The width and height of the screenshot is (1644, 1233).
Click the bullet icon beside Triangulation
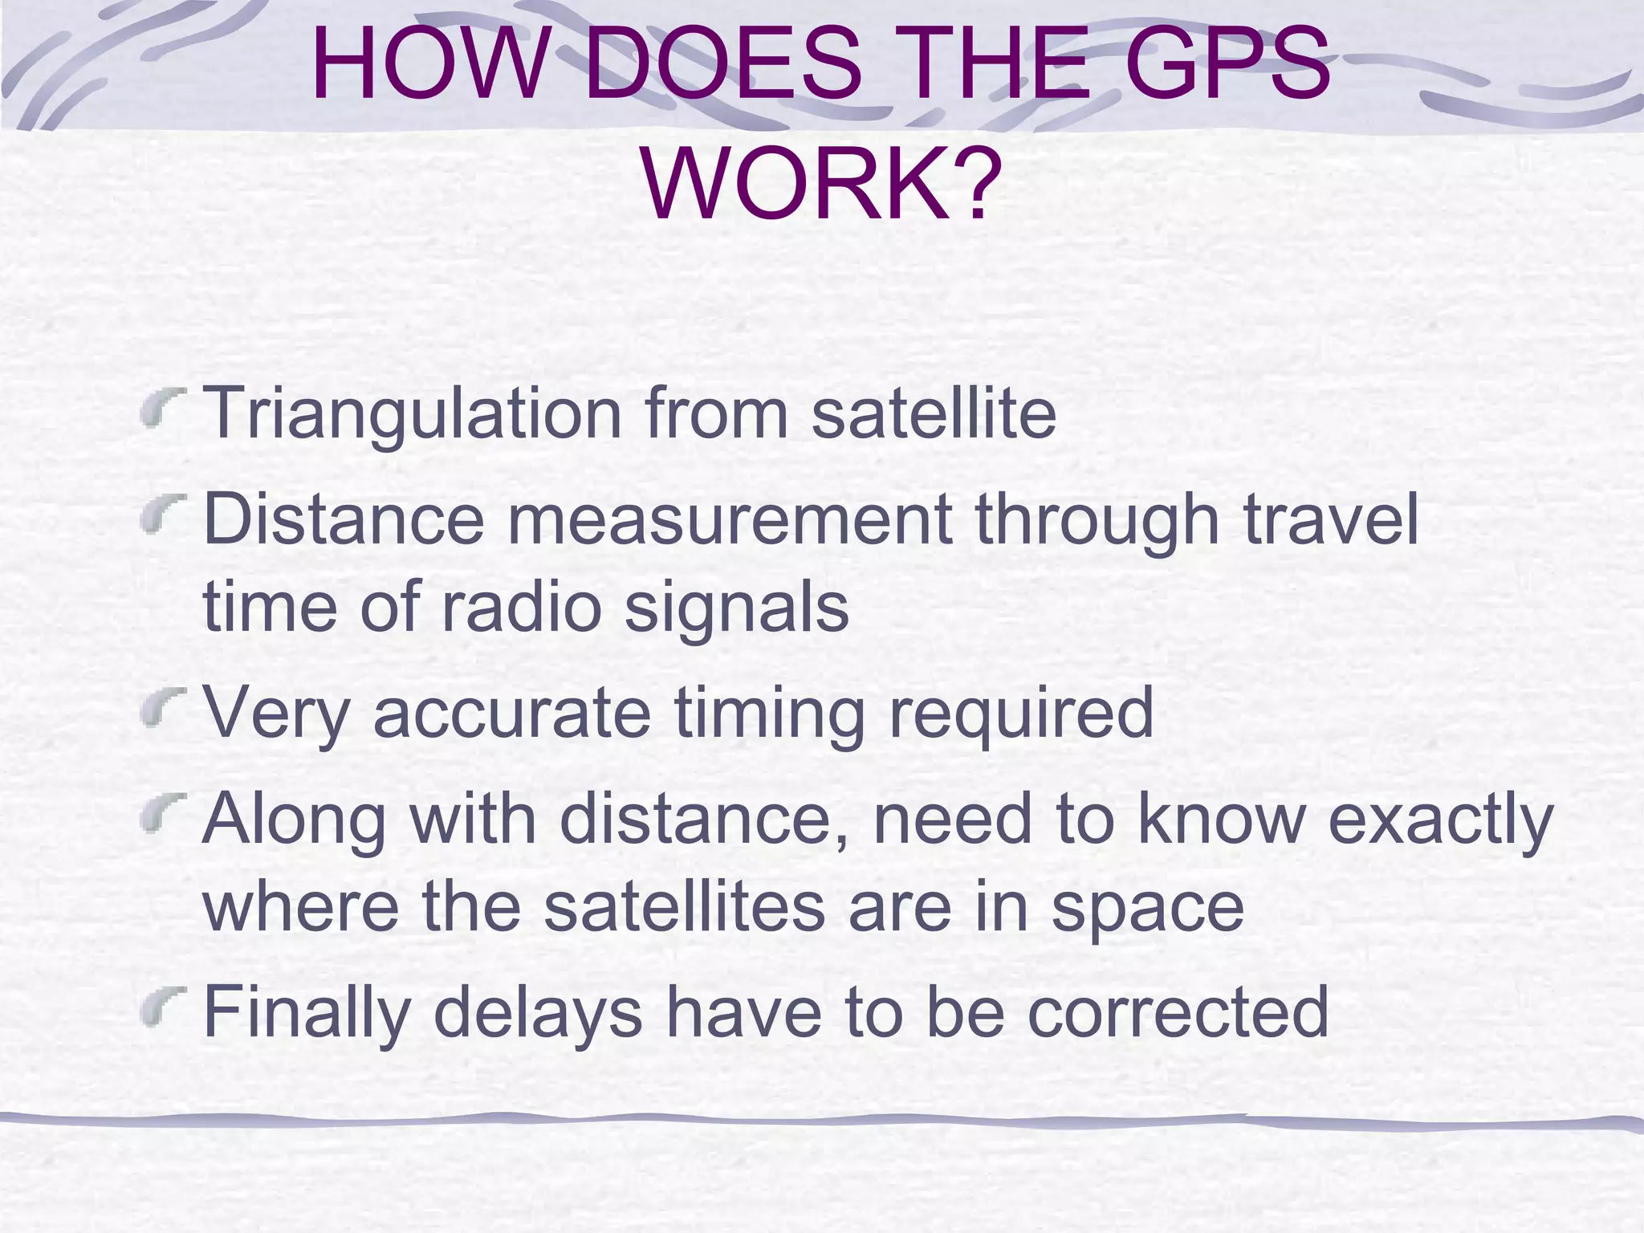[165, 406]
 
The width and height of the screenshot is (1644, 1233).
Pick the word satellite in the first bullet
[934, 413]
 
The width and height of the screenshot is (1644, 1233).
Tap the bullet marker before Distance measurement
[165, 515]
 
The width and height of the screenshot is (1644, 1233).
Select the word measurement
[730, 520]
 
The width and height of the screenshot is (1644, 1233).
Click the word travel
[1332, 519]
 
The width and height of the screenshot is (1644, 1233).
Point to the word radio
[521, 607]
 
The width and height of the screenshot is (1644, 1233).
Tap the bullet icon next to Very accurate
[165, 706]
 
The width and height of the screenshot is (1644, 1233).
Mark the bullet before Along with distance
[165, 812]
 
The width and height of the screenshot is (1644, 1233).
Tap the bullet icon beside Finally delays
[165, 1005]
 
